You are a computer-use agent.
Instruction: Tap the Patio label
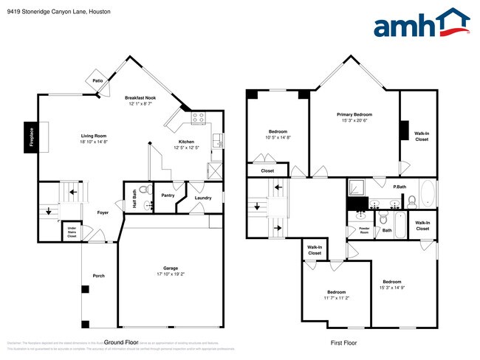(97, 80)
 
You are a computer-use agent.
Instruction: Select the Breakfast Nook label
(140, 97)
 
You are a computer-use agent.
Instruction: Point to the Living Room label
(94, 136)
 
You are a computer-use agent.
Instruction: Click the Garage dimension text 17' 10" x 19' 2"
(170, 274)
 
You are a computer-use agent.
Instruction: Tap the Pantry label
(168, 195)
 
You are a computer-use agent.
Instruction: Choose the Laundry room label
(203, 198)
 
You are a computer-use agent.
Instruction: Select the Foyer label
(103, 212)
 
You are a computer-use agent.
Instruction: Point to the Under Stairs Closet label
(72, 232)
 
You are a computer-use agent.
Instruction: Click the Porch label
(98, 276)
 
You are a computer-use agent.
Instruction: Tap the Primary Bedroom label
(354, 114)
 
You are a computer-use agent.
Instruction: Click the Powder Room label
(364, 229)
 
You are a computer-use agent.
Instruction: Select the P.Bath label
(399, 187)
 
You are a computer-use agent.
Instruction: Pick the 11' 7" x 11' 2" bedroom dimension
(337, 298)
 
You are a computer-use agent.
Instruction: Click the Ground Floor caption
(121, 343)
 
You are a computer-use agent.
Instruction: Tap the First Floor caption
(343, 343)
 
